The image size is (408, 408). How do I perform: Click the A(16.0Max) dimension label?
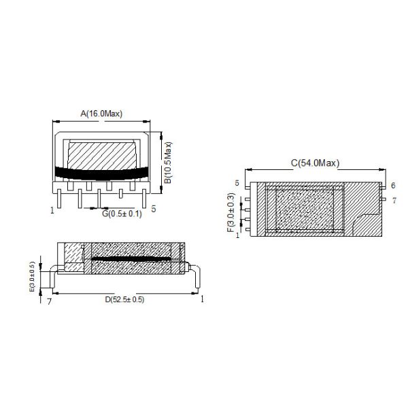[x=101, y=114]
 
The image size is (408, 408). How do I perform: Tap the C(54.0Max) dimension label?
[x=315, y=163]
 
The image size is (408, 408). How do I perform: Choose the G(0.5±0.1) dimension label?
[x=122, y=214]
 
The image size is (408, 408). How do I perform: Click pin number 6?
[x=393, y=185]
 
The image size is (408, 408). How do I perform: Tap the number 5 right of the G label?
[x=154, y=209]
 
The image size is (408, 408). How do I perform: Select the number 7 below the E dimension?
[x=48, y=301]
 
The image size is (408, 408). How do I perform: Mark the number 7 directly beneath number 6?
[x=393, y=200]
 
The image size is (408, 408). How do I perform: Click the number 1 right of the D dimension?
[x=203, y=299]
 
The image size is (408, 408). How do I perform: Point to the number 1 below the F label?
[x=238, y=235]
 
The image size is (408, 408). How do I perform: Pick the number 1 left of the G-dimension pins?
[x=52, y=210]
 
